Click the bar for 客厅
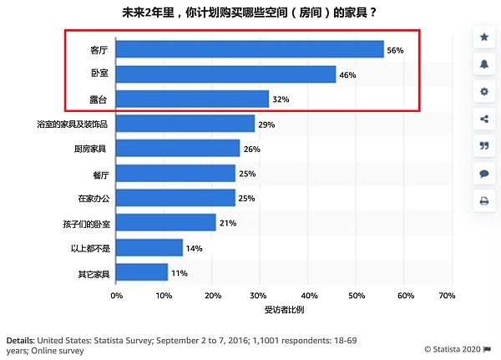[x=250, y=50]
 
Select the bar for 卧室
[x=225, y=74]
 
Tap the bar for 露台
[x=192, y=99]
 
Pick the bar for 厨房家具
[x=178, y=149]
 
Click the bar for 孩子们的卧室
[x=166, y=223]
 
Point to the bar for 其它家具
[x=142, y=273]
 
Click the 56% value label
[x=395, y=50]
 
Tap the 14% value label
[x=195, y=248]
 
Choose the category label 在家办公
[x=93, y=199]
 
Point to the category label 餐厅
[x=101, y=174]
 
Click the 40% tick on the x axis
[x=309, y=296]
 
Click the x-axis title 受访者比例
[x=283, y=312]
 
